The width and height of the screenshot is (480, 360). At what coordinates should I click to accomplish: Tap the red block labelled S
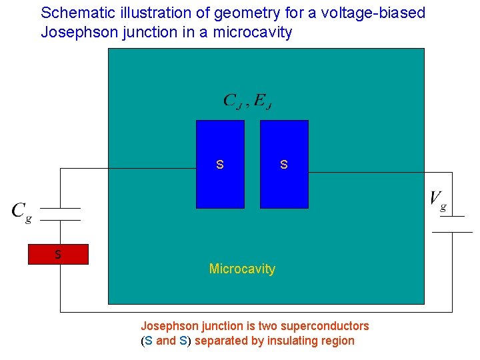pyautogui.click(x=58, y=255)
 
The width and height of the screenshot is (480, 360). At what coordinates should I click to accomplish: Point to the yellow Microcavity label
pyautogui.click(x=242, y=269)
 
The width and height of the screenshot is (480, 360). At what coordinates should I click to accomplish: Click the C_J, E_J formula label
pyautogui.click(x=247, y=101)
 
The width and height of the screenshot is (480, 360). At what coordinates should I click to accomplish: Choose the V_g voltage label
pyautogui.click(x=438, y=199)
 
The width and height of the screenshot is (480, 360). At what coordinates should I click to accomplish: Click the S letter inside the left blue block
pyautogui.click(x=220, y=164)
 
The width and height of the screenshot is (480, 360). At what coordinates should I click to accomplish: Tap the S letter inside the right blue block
pyautogui.click(x=284, y=164)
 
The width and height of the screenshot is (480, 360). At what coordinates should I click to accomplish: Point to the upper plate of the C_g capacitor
pyautogui.click(x=61, y=207)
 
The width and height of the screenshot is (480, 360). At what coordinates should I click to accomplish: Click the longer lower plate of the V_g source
pyautogui.click(x=452, y=232)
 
